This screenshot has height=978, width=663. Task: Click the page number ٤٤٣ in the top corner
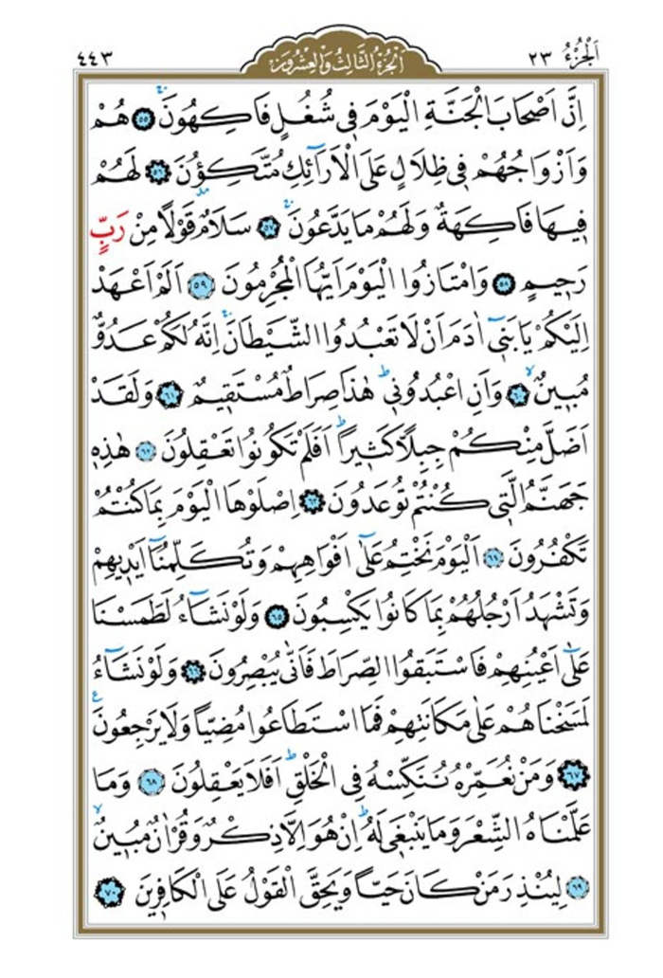click(x=100, y=63)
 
